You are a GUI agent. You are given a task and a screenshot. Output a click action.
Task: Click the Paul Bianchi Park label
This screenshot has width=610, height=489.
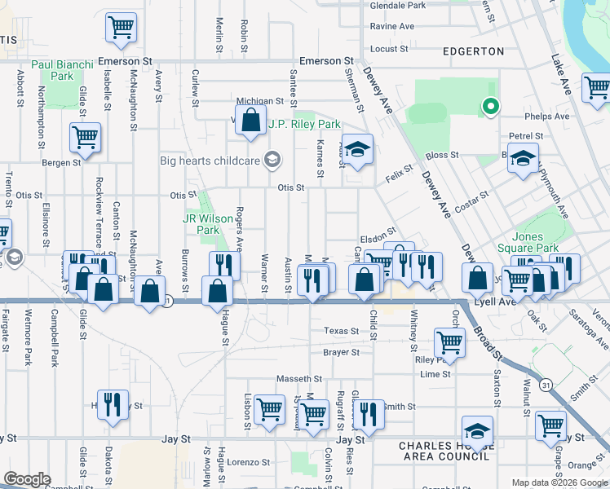[52, 70]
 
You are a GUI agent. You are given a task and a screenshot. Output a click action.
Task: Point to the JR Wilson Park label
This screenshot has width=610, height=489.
[201, 224]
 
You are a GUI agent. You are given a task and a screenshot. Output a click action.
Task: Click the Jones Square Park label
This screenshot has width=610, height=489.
[540, 242]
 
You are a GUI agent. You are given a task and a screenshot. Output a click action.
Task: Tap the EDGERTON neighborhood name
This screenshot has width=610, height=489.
[473, 51]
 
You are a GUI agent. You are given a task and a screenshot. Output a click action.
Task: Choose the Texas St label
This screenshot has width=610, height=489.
[341, 332]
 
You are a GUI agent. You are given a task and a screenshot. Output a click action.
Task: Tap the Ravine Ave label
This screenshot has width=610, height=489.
[392, 26]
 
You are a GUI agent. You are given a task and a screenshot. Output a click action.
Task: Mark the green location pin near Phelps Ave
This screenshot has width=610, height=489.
[490, 106]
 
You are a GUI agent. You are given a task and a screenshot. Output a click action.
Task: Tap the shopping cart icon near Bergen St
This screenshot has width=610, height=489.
[85, 139]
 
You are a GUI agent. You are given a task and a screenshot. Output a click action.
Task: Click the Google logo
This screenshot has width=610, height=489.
[27, 479]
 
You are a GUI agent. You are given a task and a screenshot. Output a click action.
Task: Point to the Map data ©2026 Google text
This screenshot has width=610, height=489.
[559, 482]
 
